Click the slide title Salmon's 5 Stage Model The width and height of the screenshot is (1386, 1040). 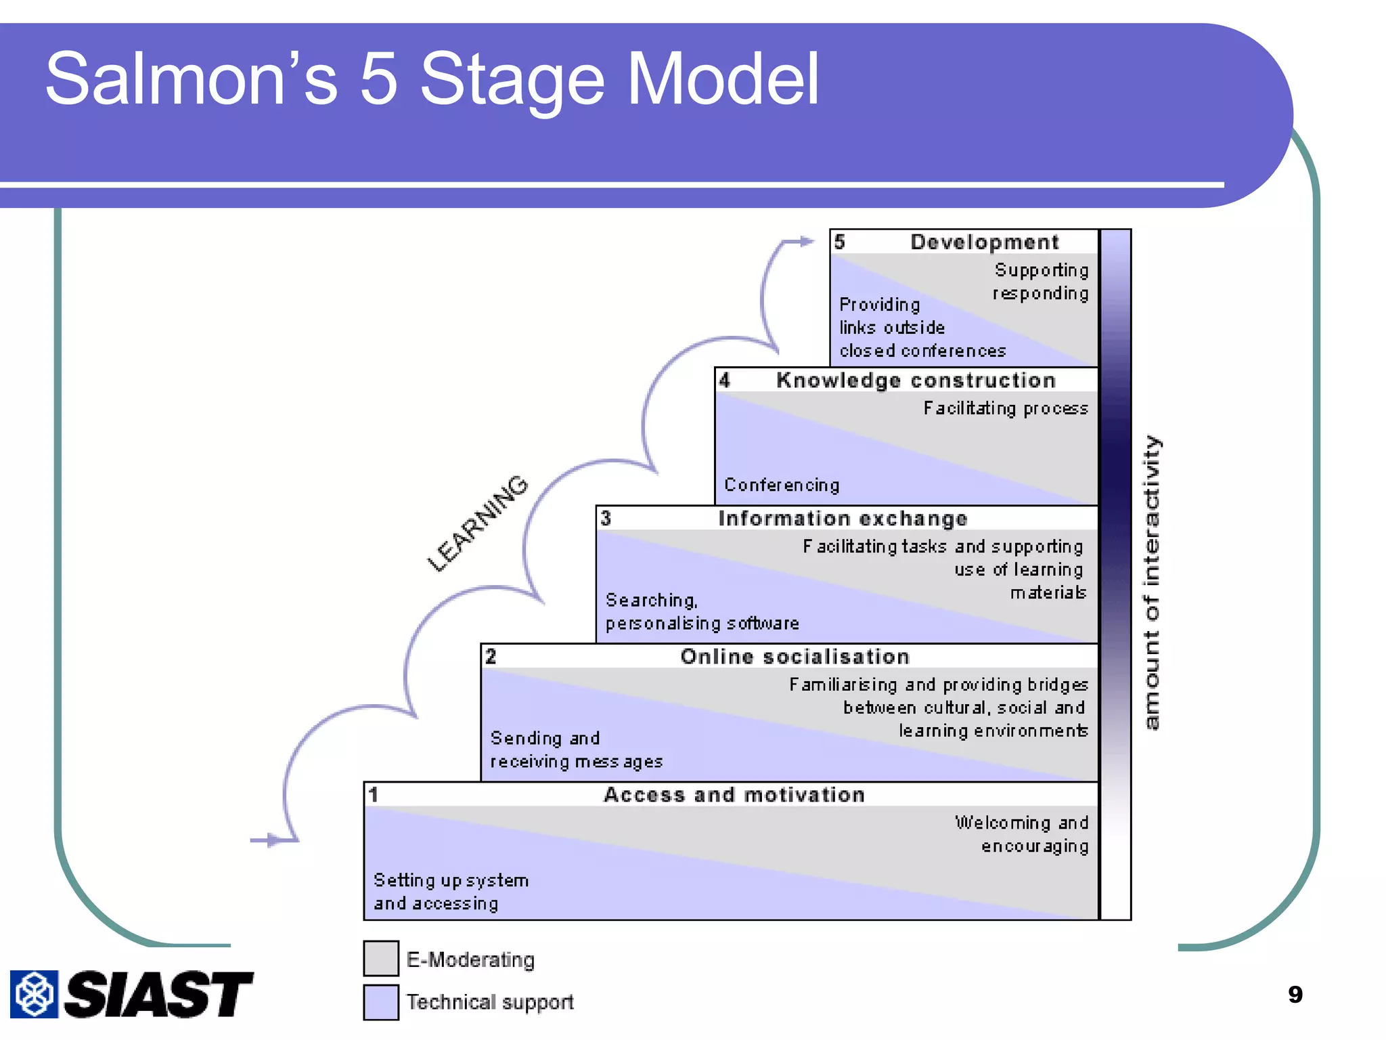[432, 80]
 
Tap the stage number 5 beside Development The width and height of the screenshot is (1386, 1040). [840, 242]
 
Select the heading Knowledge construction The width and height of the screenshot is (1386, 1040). [916, 381]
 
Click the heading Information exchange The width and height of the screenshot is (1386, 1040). [843, 519]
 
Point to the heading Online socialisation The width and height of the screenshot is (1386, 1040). [795, 657]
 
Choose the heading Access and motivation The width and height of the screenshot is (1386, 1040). [734, 795]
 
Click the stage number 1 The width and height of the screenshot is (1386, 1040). [374, 795]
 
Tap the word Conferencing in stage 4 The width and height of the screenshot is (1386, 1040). [782, 485]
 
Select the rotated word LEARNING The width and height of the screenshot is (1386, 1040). [478, 523]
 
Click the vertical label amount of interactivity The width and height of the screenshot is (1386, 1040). [1152, 582]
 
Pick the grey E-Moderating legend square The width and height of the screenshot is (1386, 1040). [381, 958]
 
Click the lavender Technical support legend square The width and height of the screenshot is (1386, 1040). [381, 1002]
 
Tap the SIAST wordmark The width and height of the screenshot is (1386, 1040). [159, 994]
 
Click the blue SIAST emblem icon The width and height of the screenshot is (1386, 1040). [34, 994]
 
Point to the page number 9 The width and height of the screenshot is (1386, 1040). [1295, 994]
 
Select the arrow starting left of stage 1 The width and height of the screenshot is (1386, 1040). [271, 840]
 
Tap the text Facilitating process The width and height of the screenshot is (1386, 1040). [1006, 408]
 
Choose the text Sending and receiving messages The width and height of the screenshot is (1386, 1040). [575, 750]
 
